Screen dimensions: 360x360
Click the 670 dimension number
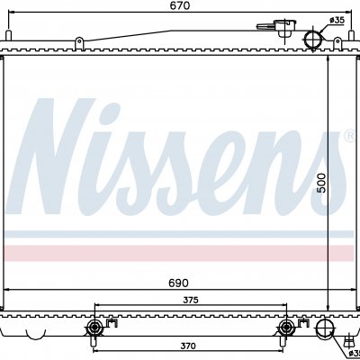click(179, 5)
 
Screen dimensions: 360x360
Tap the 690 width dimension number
click(179, 283)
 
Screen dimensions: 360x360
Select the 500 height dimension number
click(321, 183)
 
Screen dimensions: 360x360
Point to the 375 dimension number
click(191, 300)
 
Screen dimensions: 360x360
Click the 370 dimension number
click(188, 346)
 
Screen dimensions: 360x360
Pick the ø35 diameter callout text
click(337, 20)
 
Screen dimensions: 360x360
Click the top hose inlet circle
click(313, 40)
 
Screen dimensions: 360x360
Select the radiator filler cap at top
click(283, 28)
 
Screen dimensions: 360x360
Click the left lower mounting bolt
click(94, 328)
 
